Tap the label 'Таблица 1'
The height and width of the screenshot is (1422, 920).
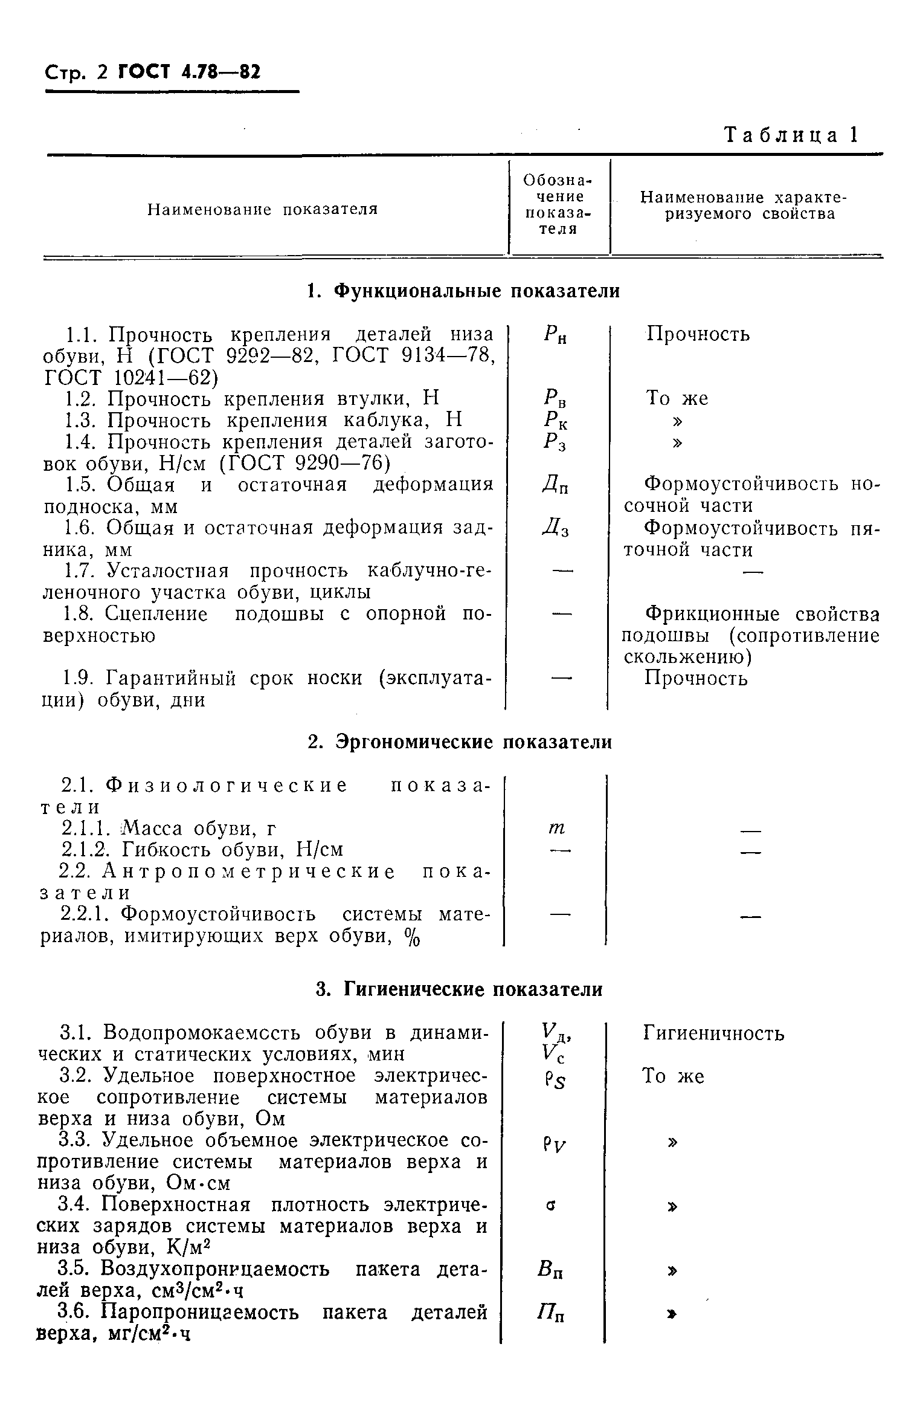point(791,135)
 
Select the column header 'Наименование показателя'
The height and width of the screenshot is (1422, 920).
point(263,209)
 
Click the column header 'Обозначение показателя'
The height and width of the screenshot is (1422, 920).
point(558,204)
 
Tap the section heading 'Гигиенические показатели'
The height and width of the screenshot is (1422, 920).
point(460,989)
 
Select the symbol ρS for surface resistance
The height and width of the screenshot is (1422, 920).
point(554,1079)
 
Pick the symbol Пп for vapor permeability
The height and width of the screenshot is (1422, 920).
point(552,1316)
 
